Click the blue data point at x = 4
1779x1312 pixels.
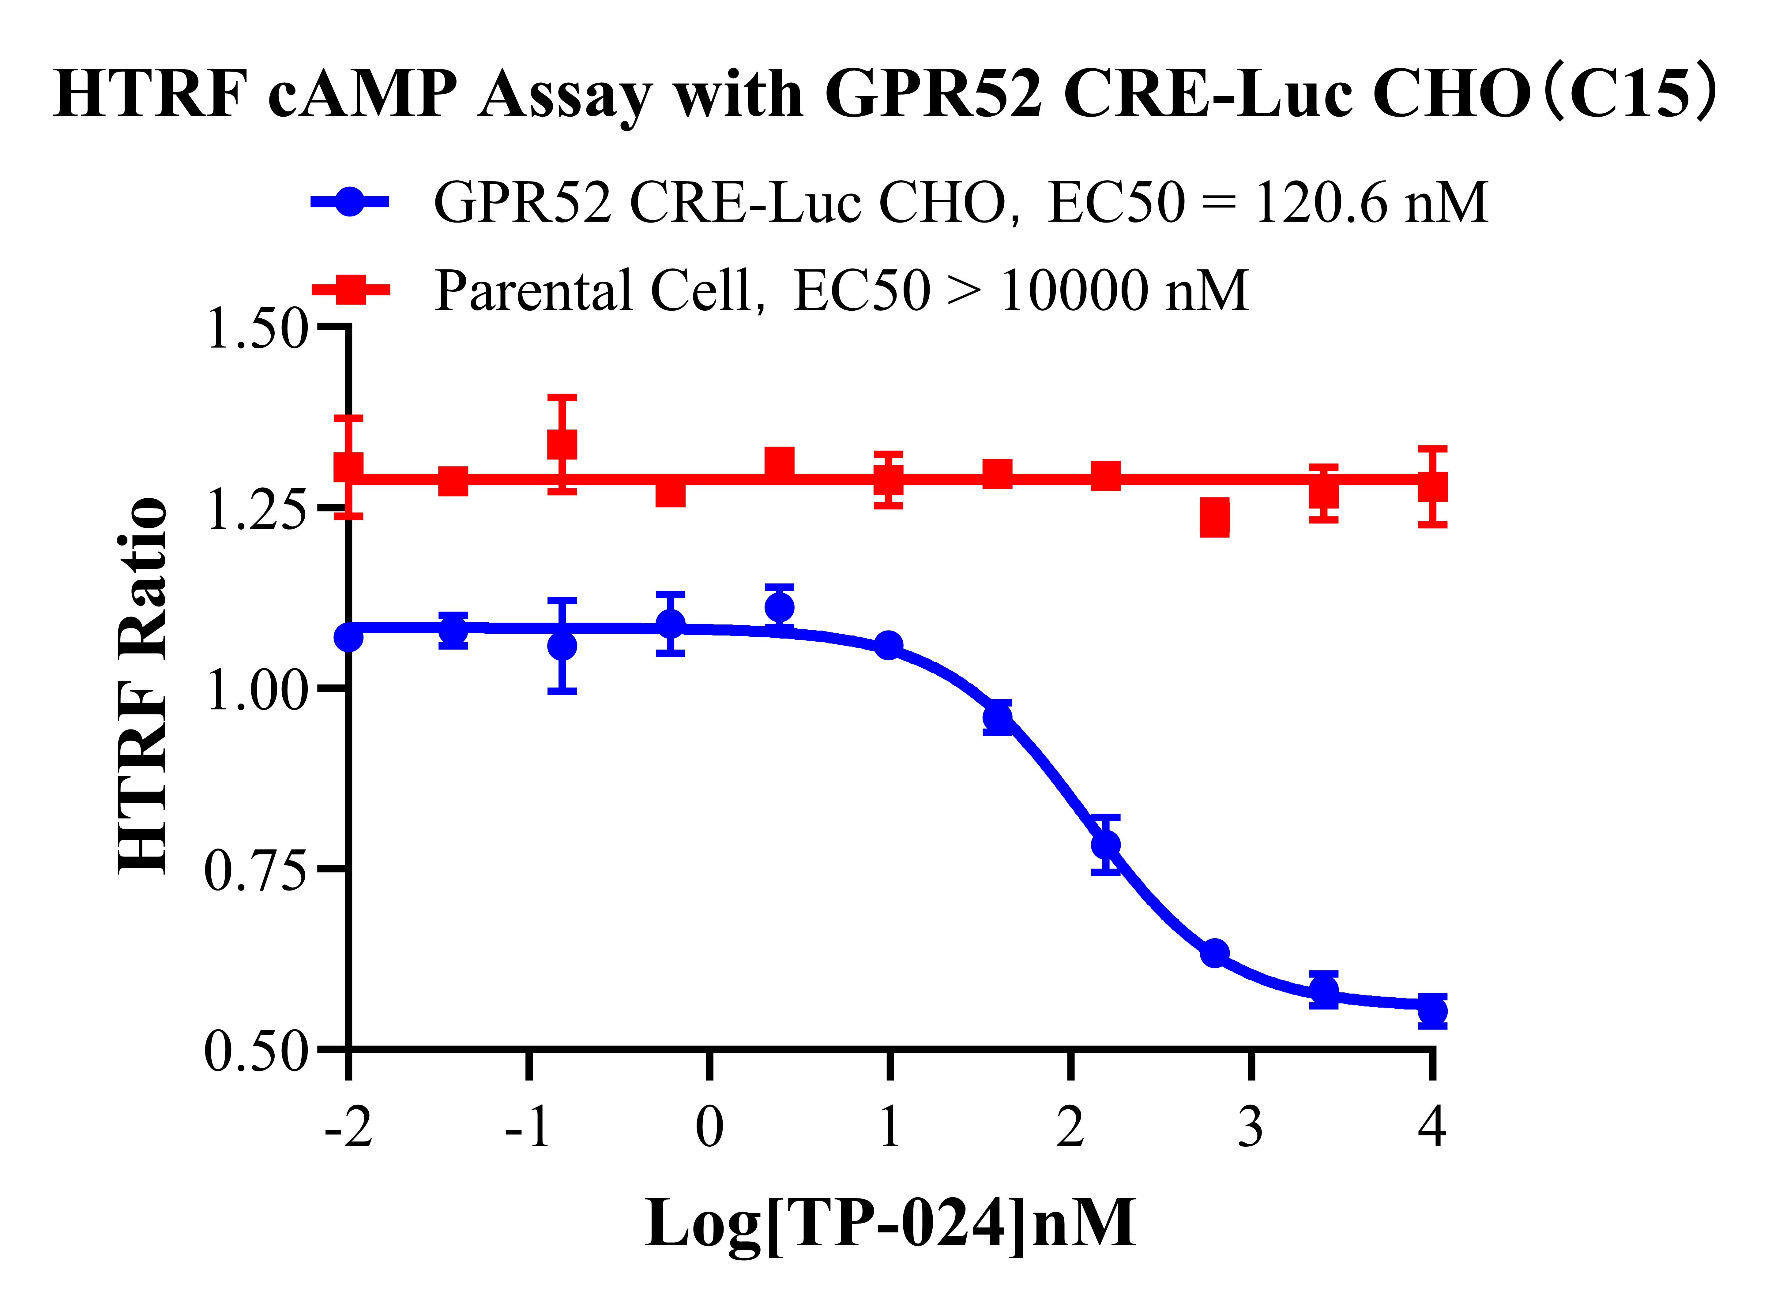pos(1432,1011)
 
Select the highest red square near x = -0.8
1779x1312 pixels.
pos(562,444)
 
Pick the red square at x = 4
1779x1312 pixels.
pos(1432,486)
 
